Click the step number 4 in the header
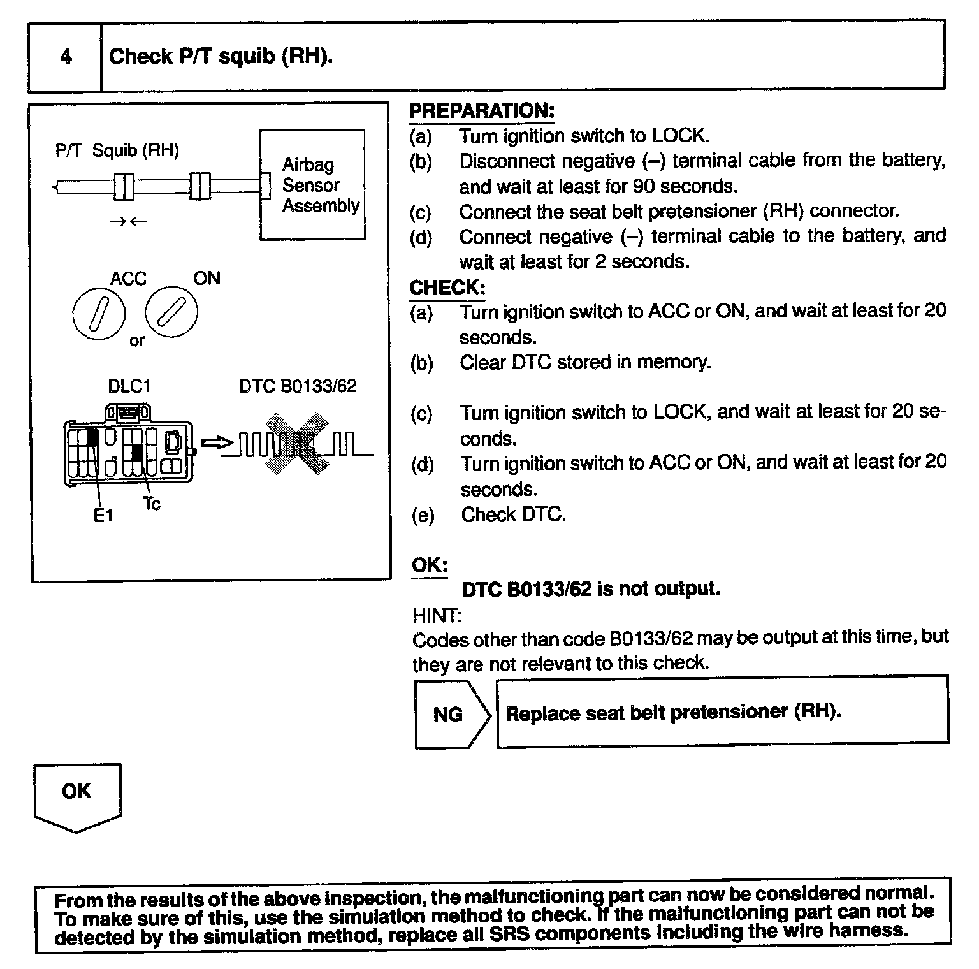click(66, 57)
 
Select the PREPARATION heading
click(481, 111)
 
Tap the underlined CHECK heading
click(447, 288)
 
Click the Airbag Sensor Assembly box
click(312, 185)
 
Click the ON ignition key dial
click(171, 312)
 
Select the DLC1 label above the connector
click(129, 386)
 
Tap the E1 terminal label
click(103, 515)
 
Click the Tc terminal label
click(152, 504)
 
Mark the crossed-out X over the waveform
click(298, 444)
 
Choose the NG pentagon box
click(449, 714)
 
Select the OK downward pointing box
click(76, 794)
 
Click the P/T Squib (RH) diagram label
click(117, 150)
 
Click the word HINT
click(437, 615)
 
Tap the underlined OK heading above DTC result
click(430, 565)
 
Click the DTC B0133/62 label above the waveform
click(298, 386)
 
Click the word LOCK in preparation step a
click(679, 136)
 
